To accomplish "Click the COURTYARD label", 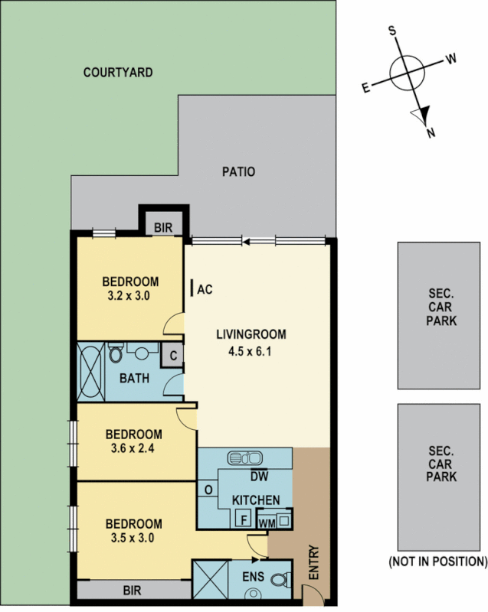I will tap(118, 73).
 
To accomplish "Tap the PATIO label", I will tap(239, 171).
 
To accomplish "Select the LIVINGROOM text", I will tap(251, 334).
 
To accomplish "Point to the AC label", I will tap(205, 289).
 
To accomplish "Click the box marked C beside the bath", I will tap(173, 355).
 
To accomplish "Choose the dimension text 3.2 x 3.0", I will tap(130, 295).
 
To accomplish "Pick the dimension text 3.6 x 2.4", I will tap(133, 448).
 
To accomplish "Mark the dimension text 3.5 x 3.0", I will tap(133, 538).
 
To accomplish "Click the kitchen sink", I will tap(245, 458).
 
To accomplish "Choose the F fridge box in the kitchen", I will tap(243, 519).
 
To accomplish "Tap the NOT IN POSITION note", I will tap(438, 562).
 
